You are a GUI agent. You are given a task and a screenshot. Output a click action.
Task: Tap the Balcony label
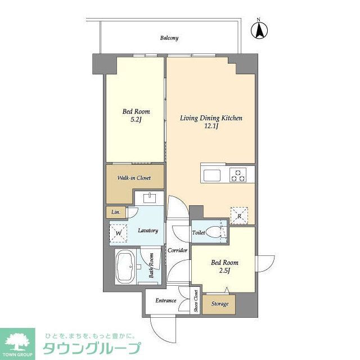click(x=169, y=38)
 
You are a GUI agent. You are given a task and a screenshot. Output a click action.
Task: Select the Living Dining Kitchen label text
click(x=211, y=118)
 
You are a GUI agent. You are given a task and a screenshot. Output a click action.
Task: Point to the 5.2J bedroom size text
click(x=136, y=120)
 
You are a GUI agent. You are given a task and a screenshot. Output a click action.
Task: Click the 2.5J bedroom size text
click(x=224, y=271)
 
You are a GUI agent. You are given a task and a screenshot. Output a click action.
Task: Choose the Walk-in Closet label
click(x=134, y=178)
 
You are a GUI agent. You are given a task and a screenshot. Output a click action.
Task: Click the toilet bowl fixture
click(x=214, y=233)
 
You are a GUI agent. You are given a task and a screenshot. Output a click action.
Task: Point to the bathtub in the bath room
click(x=125, y=267)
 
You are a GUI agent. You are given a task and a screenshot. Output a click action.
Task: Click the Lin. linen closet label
click(x=115, y=212)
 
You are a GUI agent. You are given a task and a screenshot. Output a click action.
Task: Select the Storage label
click(x=219, y=304)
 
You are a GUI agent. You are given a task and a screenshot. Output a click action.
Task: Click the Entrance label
click(x=165, y=300)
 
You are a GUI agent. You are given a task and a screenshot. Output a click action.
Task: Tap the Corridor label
click(x=177, y=250)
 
